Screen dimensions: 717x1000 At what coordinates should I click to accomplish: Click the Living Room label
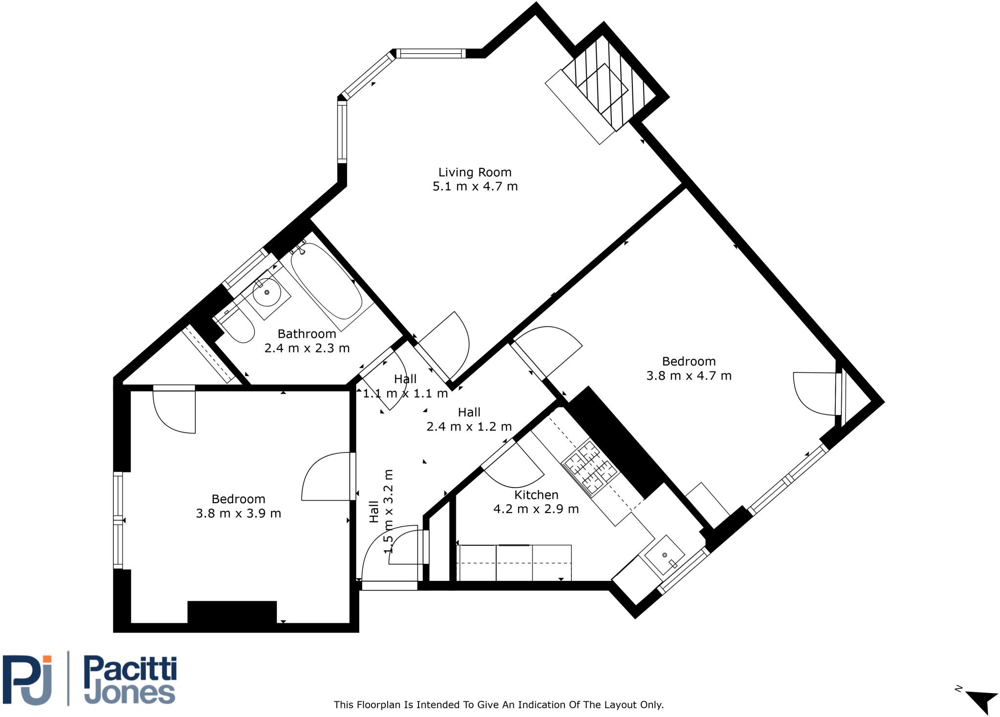475,172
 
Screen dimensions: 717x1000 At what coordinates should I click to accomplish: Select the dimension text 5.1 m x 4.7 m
475,186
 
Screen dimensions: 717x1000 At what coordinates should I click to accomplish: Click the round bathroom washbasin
267,292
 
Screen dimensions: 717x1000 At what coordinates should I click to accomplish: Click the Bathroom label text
307,334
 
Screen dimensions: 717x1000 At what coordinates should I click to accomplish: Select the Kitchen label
536,495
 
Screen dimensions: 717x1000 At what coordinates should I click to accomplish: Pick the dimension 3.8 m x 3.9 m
238,513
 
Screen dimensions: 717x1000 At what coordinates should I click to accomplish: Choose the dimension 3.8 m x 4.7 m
688,376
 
